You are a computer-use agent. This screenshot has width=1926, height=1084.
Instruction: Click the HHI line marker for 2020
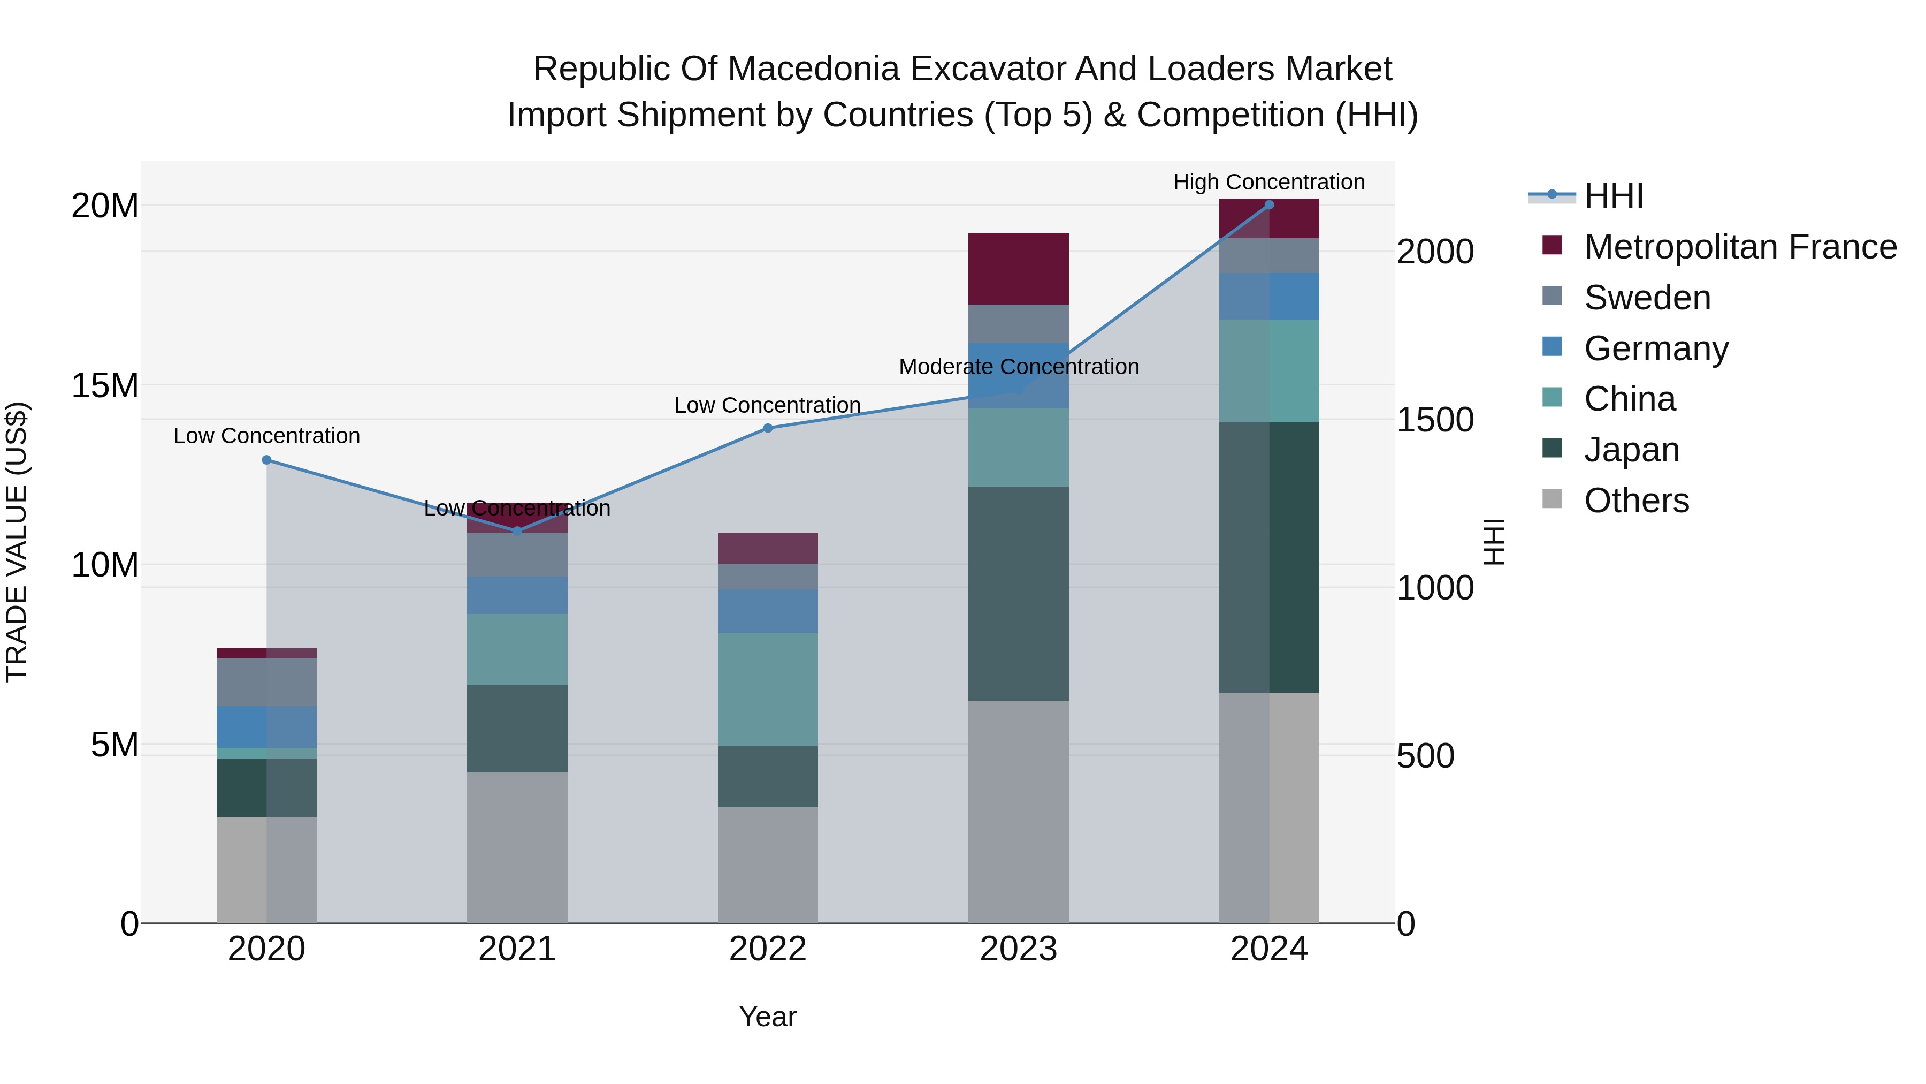coord(267,460)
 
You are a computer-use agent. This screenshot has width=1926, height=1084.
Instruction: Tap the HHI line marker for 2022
coord(768,428)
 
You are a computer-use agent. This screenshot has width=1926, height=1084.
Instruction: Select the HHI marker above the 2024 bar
coord(1269,205)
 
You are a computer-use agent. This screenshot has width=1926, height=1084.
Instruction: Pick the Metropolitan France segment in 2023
coord(1018,269)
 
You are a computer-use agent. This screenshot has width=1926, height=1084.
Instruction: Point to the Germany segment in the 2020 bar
coord(267,726)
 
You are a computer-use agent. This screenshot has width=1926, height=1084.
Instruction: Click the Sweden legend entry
coord(1647,298)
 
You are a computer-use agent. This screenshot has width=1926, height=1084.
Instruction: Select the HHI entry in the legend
coord(1614,196)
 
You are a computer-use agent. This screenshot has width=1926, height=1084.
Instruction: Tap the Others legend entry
coord(1636,501)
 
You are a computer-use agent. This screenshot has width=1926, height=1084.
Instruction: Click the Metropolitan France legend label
coord(1740,247)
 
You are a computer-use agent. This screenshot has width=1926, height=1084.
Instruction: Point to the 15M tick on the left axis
coord(105,385)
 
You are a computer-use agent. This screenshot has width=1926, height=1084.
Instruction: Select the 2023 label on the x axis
coord(1018,949)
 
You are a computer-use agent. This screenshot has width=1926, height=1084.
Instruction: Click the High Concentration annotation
coord(1269,182)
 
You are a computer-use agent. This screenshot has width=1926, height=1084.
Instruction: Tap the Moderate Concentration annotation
coord(1018,367)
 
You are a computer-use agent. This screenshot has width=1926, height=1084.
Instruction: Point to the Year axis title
coord(768,1017)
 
